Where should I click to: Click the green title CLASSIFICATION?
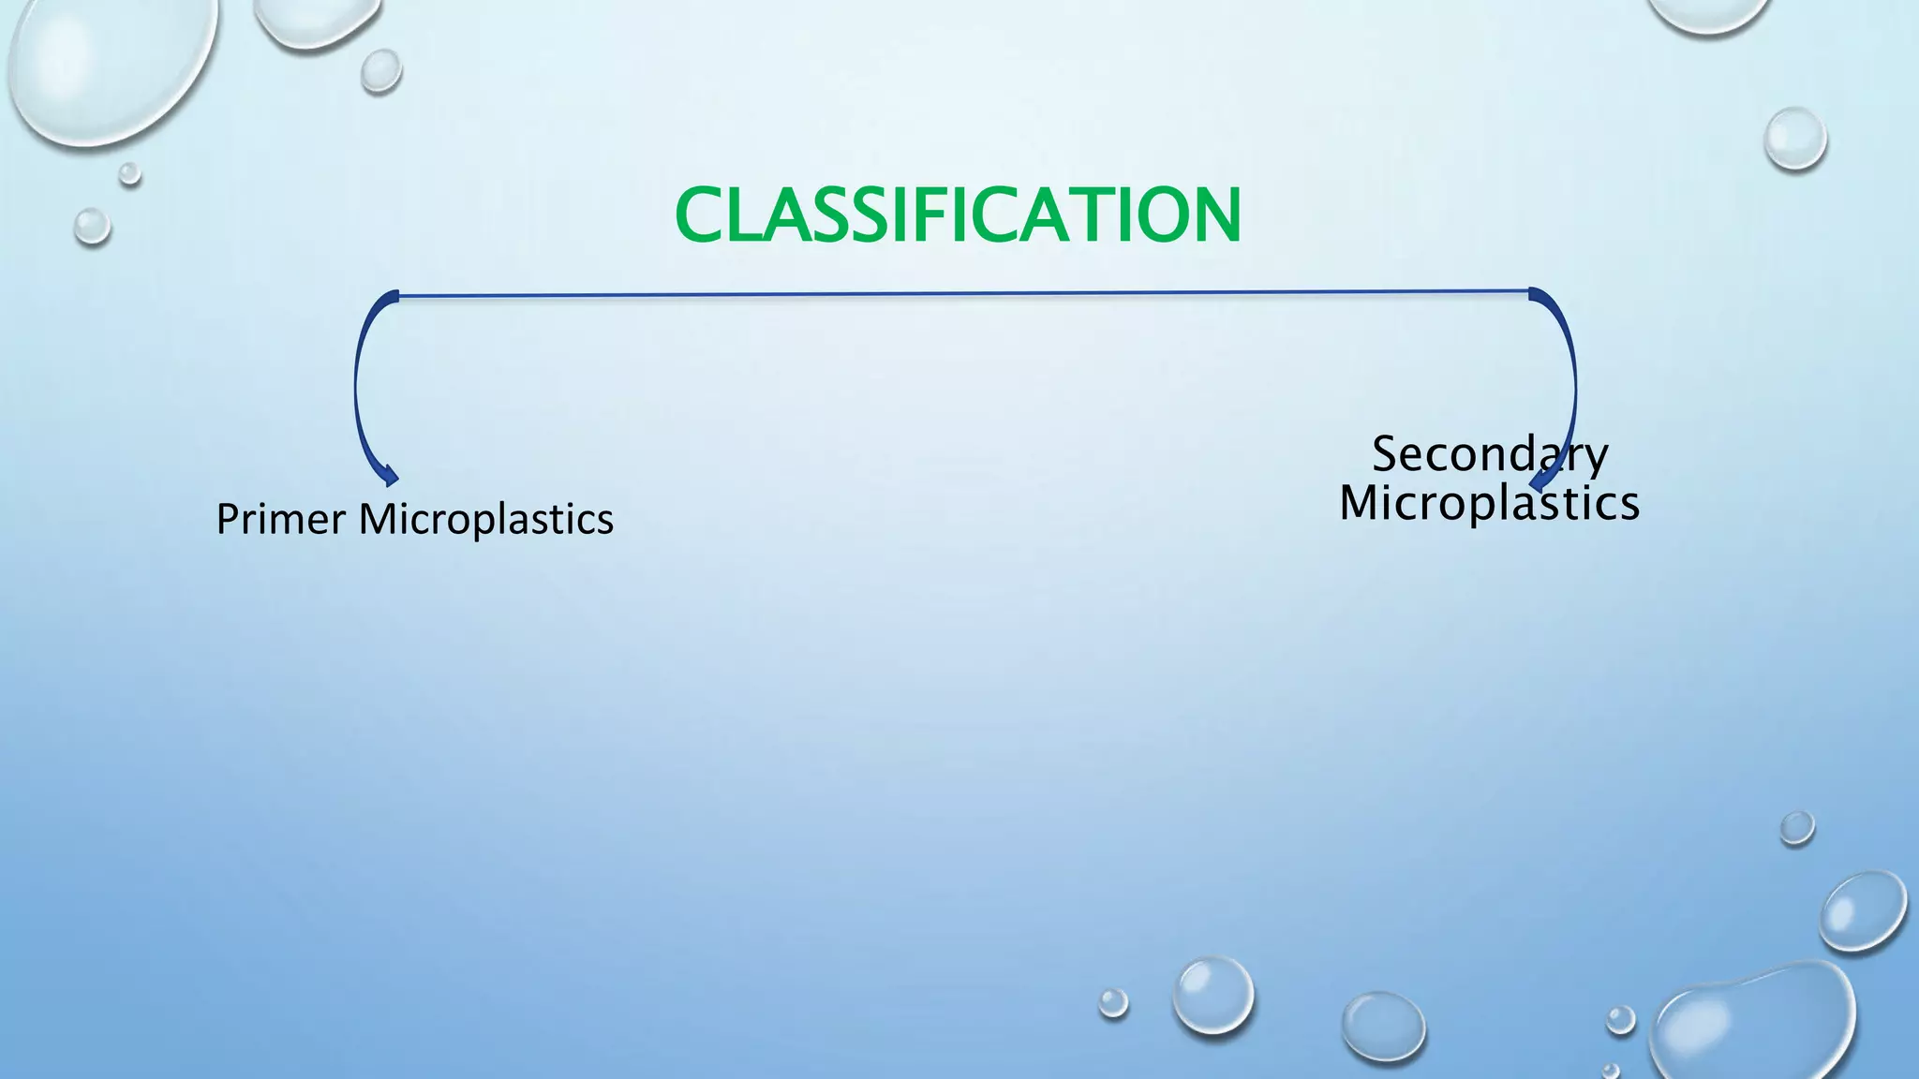pos(958,215)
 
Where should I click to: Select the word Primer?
pos(280,519)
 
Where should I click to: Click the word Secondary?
pos(1490,454)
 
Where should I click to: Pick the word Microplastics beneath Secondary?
pos(1489,503)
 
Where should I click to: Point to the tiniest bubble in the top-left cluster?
pos(130,173)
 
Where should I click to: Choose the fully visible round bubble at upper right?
pos(1794,139)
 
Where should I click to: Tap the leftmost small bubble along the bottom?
pos(1113,1002)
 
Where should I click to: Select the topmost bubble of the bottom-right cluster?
pos(1796,828)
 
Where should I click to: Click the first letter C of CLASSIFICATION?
pos(702,215)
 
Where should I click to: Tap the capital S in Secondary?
pos(1388,454)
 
